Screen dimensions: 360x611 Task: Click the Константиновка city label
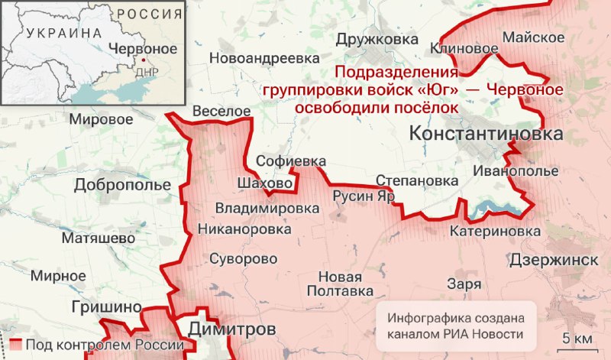487,135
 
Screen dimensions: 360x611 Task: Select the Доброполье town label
122,185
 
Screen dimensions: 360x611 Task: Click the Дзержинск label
554,259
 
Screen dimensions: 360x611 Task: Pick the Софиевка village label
291,162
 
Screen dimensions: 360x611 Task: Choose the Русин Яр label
364,196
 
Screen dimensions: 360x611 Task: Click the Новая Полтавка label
340,284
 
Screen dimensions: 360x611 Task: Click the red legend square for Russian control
18,345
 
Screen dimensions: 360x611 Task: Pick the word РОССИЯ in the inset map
150,14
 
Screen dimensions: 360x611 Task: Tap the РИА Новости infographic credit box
455,326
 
